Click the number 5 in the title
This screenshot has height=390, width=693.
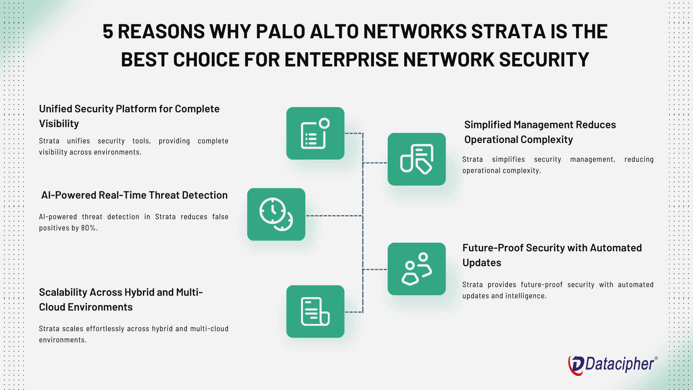[108, 32]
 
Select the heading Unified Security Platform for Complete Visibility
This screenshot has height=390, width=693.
[129, 116]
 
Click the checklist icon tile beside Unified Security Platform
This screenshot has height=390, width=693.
[315, 133]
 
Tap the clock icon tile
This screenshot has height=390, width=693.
[276, 214]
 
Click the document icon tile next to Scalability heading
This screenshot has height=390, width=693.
[315, 311]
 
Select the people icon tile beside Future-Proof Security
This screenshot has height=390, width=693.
[417, 269]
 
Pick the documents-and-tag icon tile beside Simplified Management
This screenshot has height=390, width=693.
[417, 159]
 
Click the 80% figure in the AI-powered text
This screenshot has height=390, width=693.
[89, 228]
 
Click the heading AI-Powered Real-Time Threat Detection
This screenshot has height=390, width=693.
[134, 195]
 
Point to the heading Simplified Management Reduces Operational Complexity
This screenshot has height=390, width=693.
[540, 132]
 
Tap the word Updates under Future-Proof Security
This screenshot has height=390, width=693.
[481, 263]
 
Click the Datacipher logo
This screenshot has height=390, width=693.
[612, 364]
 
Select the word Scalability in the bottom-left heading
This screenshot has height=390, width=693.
[63, 292]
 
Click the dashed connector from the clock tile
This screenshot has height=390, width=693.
[334, 216]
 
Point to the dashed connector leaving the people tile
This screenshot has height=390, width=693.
[375, 269]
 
